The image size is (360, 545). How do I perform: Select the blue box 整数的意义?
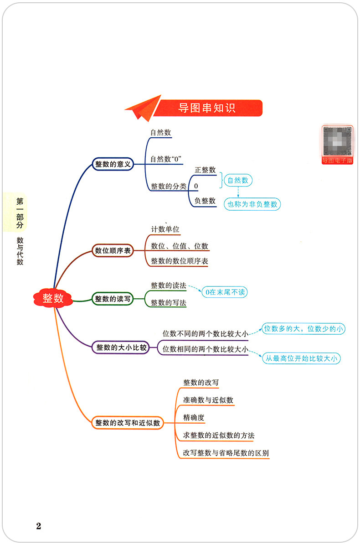point(113,164)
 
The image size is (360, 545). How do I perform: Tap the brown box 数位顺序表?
point(113,250)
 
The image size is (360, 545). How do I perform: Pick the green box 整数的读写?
point(113,299)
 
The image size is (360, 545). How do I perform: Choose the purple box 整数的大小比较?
point(121,348)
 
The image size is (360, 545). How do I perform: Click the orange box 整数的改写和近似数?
point(128,423)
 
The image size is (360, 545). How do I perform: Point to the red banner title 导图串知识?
point(207,109)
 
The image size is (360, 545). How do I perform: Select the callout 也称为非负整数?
point(252,204)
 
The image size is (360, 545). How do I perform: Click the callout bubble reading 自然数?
point(238,180)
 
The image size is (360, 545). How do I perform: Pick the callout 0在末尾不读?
point(225,292)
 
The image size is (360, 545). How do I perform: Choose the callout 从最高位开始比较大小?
point(302,358)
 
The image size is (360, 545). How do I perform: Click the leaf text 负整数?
point(205,201)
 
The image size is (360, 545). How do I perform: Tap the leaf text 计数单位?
point(165,229)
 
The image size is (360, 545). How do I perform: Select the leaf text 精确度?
point(194,417)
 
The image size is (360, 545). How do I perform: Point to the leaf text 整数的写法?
point(168,302)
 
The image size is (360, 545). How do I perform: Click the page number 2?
point(38,526)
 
